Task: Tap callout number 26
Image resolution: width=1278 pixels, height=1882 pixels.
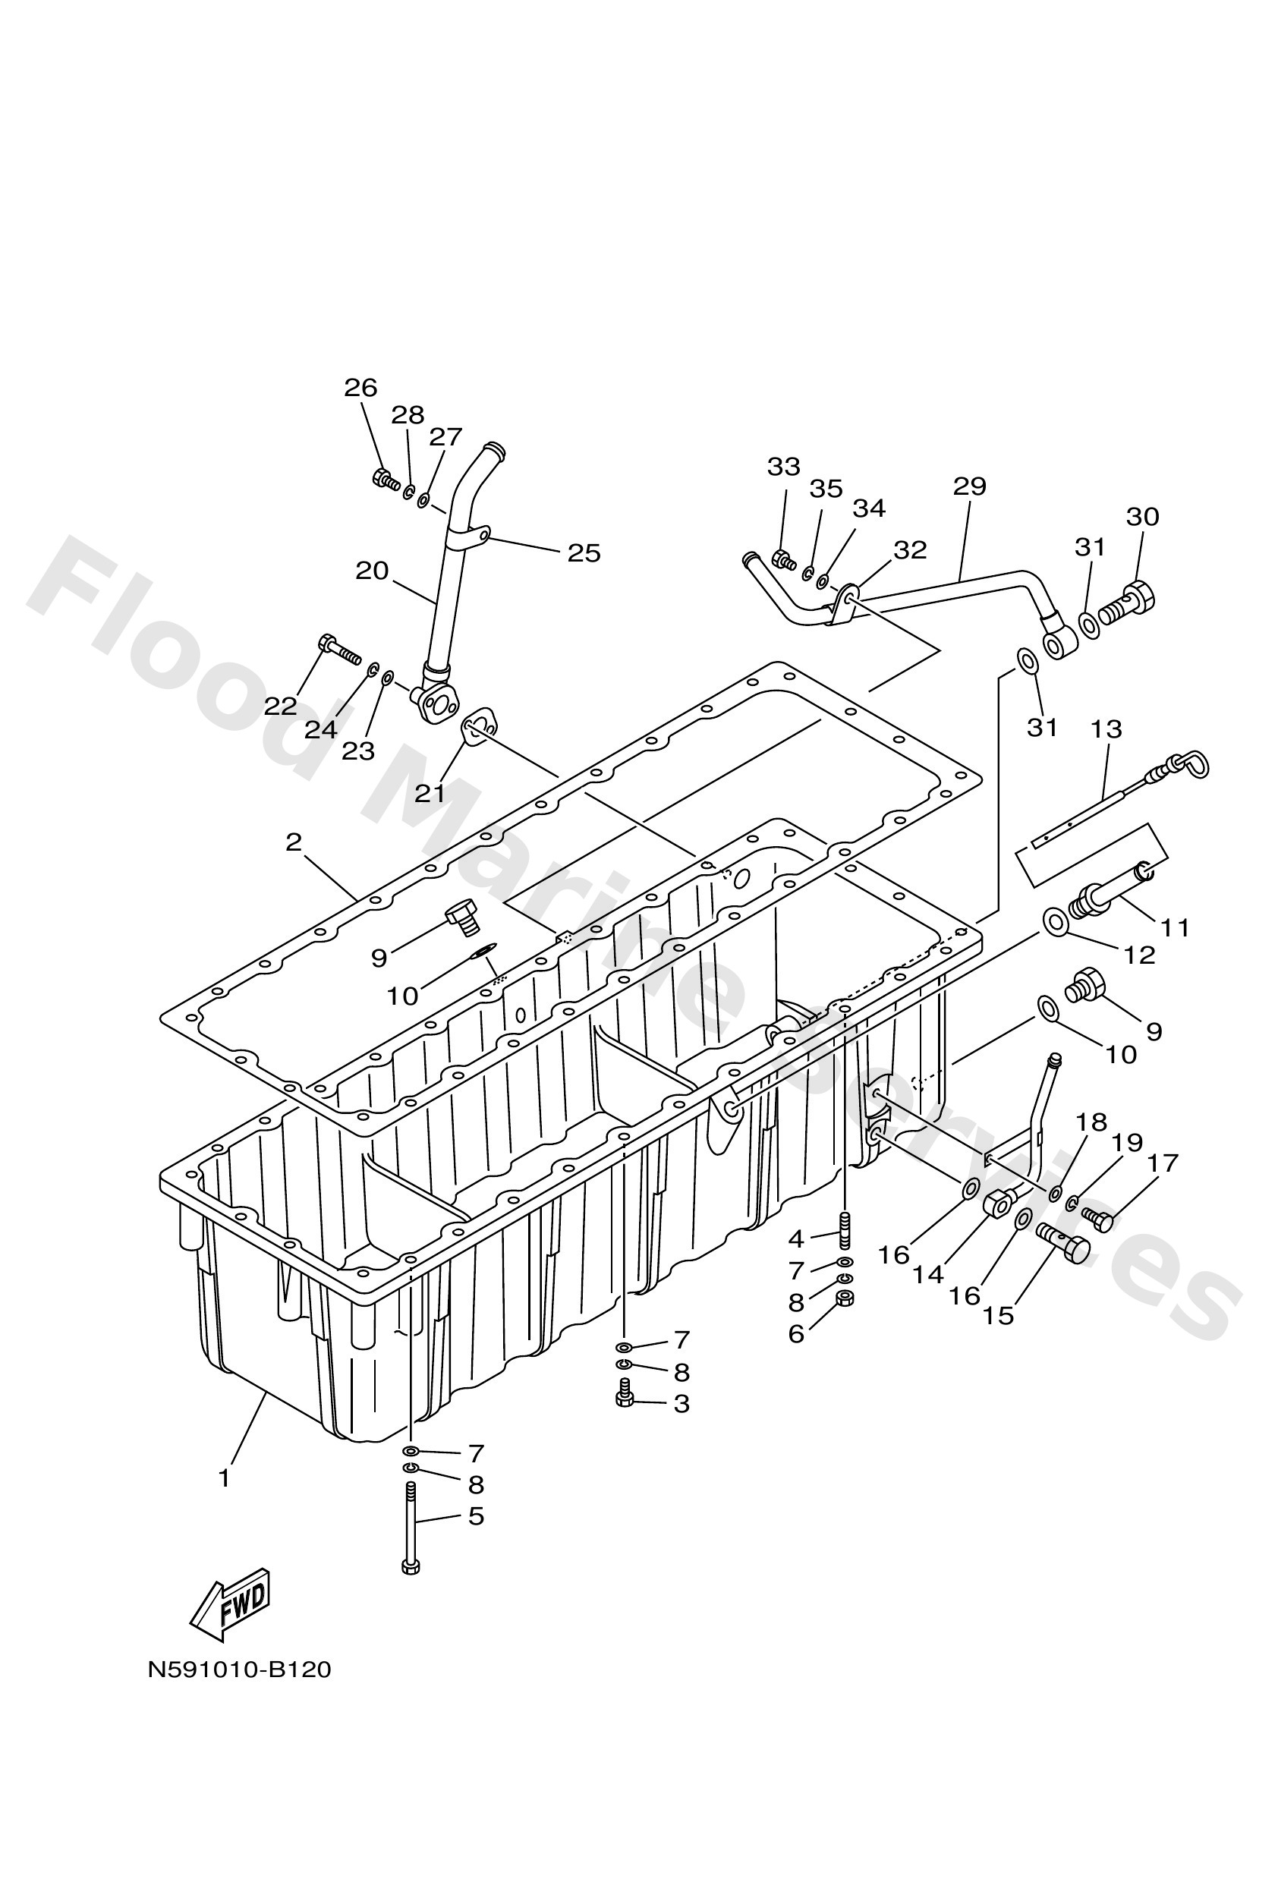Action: [360, 388]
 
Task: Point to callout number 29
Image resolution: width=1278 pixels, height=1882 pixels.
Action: [969, 486]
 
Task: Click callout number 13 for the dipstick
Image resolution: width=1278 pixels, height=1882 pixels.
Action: [1106, 729]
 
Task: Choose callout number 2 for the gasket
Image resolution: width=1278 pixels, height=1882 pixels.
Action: [293, 842]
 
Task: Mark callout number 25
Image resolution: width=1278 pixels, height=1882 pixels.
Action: [583, 553]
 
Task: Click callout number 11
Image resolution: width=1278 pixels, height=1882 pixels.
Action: [1174, 927]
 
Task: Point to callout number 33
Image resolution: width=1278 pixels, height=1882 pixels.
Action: [783, 467]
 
